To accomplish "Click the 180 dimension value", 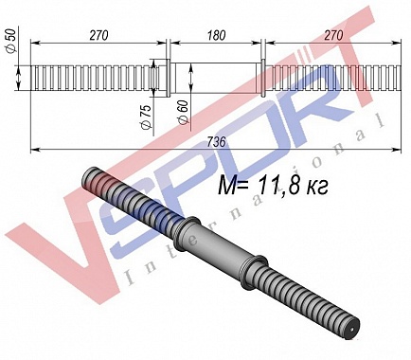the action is [217, 35].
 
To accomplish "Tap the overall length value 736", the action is [217, 142].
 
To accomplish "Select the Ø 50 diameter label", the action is [11, 41].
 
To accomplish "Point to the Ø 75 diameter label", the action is [146, 117].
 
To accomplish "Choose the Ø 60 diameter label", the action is [183, 113].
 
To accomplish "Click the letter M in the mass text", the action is [227, 185].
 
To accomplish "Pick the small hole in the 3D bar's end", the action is [352, 330].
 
